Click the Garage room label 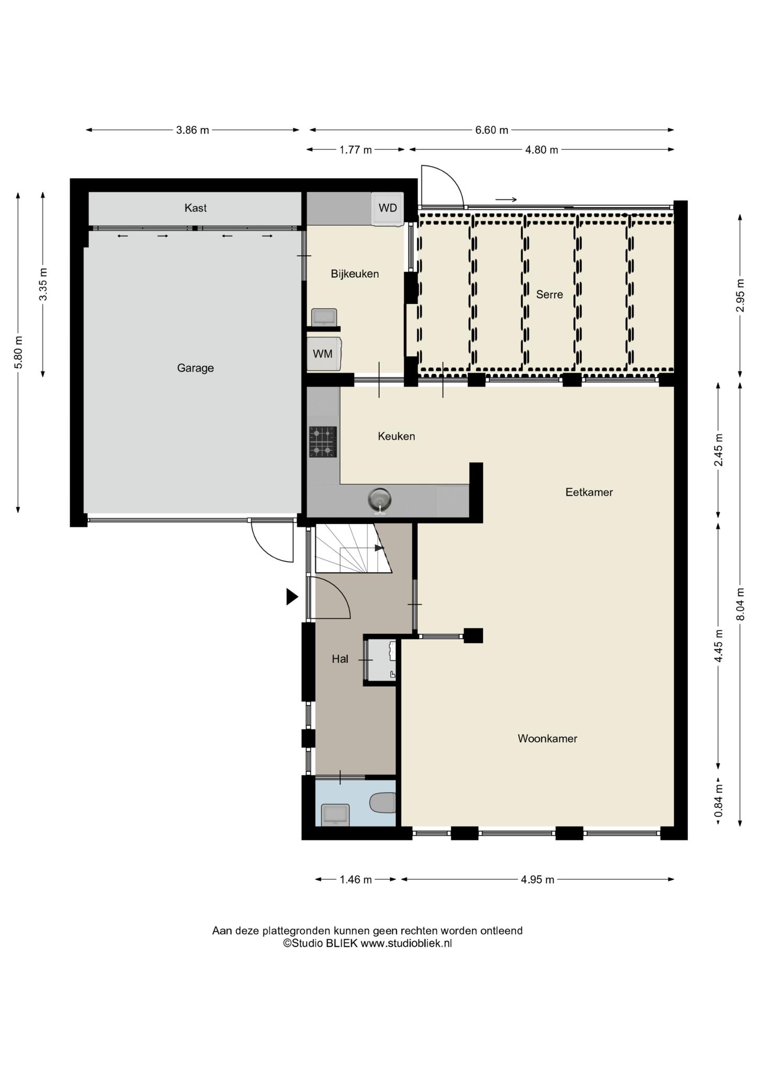[x=195, y=368]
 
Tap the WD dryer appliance [x=388, y=209]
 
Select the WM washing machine [x=324, y=354]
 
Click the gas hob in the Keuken [x=323, y=442]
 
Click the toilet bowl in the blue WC [x=383, y=803]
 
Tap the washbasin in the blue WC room [x=334, y=815]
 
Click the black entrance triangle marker [x=292, y=597]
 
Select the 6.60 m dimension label [x=491, y=130]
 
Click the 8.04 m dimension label [x=740, y=604]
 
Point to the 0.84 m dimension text [x=719, y=800]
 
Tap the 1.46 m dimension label [x=356, y=880]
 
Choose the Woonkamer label [x=547, y=738]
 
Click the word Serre [x=550, y=294]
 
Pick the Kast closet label [x=195, y=208]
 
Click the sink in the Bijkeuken [x=324, y=317]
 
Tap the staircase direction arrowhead [x=380, y=548]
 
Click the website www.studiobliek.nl [x=406, y=943]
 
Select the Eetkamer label [x=589, y=492]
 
